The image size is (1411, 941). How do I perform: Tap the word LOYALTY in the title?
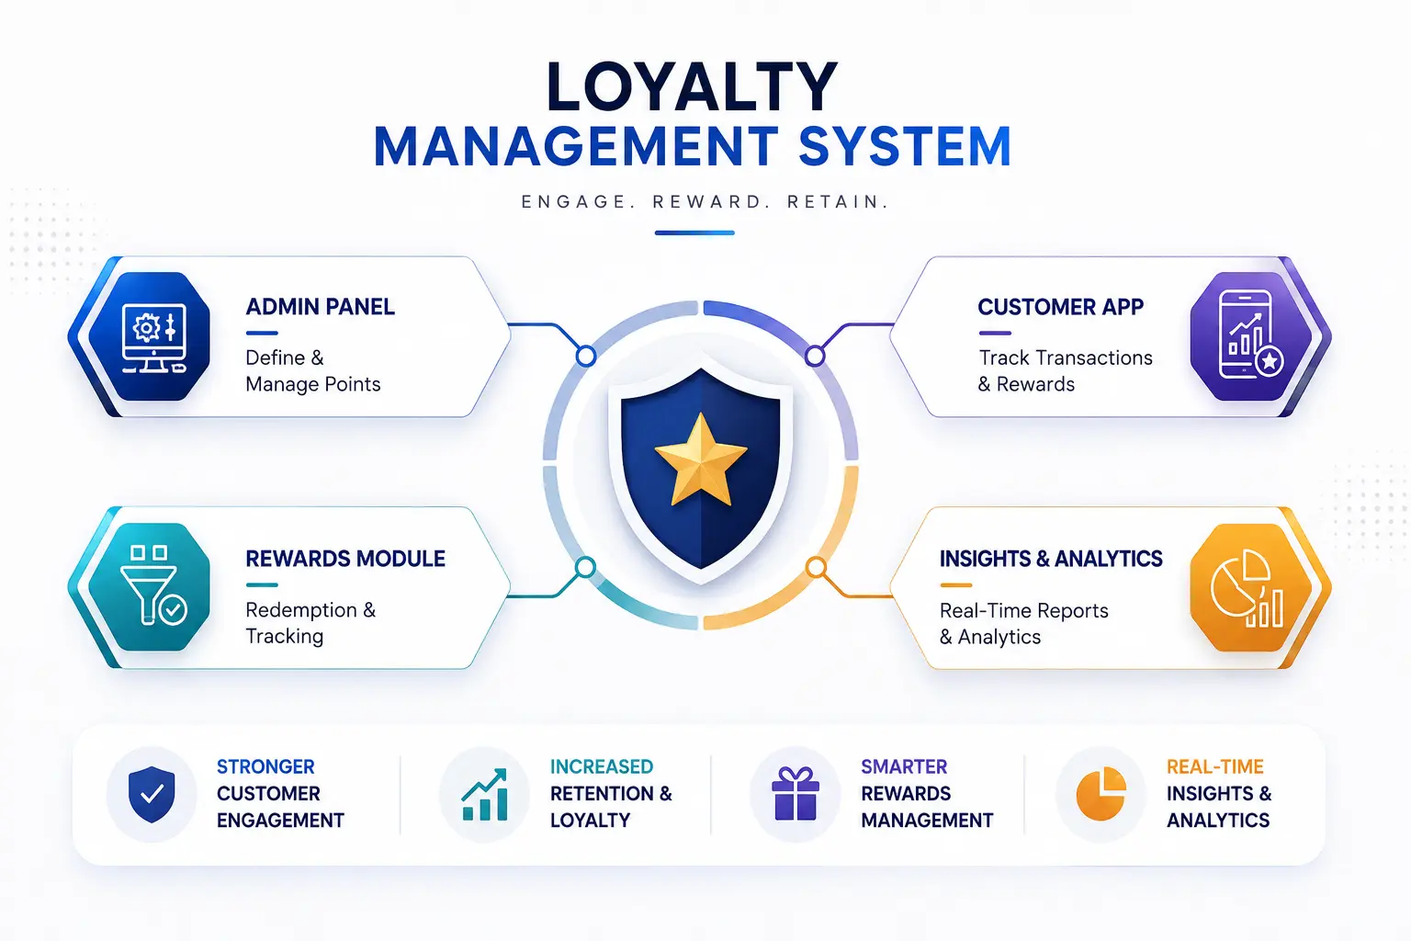pos(692,87)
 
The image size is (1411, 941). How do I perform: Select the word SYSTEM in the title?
pos(905,146)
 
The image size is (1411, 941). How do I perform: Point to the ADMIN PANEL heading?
pos(320,307)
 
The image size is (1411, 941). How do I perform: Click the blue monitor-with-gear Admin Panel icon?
pos(150,336)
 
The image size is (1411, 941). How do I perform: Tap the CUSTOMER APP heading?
pos(1060,307)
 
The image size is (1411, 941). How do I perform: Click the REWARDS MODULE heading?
pos(345,559)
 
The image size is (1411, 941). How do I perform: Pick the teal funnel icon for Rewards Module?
pos(150,587)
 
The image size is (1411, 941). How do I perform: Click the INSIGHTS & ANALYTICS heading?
pos(1051,559)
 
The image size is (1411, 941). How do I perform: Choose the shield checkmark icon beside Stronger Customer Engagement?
pos(152,794)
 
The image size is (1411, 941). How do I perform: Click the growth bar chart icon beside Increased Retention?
pos(484,794)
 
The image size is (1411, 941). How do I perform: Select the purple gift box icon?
pos(796,794)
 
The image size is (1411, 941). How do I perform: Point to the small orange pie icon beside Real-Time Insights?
pos(1101,794)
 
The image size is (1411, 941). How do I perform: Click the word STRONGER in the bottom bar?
pos(265,766)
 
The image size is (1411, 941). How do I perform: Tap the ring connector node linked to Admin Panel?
pos(586,357)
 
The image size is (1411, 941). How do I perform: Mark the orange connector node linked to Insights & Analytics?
pos(816,568)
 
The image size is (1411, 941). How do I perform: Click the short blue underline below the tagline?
pos(694,232)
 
